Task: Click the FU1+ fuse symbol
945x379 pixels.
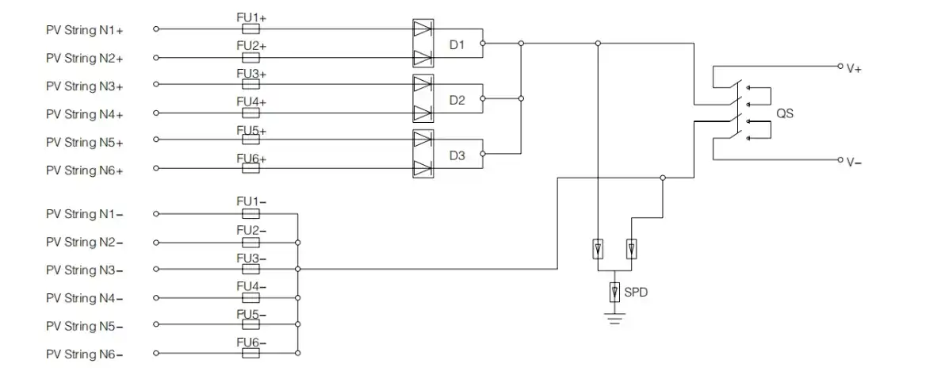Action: [251, 29]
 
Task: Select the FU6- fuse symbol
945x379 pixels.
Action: [251, 353]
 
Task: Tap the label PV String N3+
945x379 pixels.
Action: [84, 86]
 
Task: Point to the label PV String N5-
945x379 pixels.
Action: [84, 327]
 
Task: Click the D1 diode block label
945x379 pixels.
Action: [457, 44]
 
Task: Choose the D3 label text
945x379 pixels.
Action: [457, 156]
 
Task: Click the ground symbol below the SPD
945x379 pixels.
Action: [614, 317]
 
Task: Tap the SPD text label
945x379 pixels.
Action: [636, 293]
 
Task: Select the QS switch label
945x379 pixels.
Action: [785, 113]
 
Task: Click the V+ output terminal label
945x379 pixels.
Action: [854, 69]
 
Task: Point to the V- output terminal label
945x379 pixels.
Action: [854, 162]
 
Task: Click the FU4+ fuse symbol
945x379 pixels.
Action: [251, 113]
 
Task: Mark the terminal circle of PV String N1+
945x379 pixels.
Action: [156, 29]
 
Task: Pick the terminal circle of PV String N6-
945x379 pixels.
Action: [156, 353]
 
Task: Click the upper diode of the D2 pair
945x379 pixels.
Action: [423, 84]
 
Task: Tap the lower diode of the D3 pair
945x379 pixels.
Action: [423, 167]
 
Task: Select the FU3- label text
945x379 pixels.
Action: [251, 259]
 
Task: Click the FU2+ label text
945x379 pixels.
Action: [251, 47]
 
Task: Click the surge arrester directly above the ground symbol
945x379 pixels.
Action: [614, 293]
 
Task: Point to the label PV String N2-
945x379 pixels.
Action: [84, 242]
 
